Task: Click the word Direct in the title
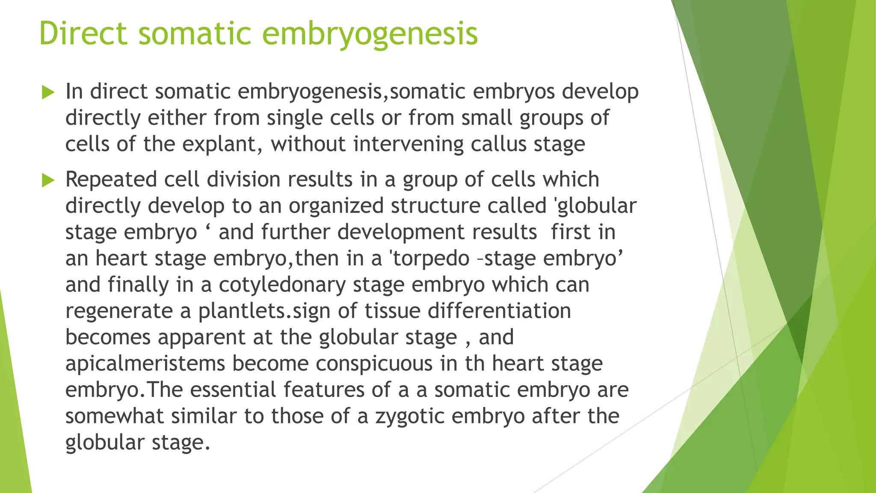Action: (83, 33)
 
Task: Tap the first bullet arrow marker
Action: (48, 92)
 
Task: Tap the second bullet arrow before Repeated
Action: (48, 181)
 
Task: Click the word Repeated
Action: (111, 180)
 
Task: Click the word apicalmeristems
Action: (145, 364)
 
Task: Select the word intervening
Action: (408, 144)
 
